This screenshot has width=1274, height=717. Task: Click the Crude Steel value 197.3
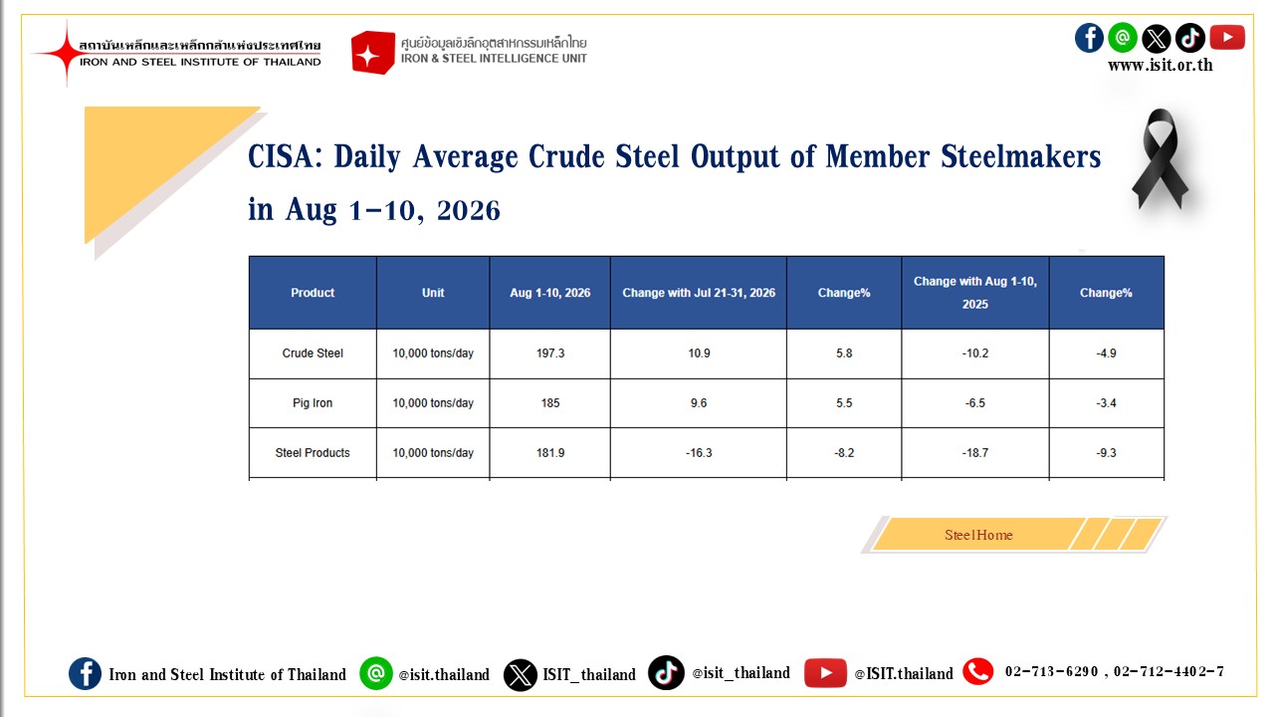point(550,354)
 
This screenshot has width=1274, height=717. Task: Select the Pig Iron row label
point(313,403)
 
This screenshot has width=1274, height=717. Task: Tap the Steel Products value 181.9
point(550,453)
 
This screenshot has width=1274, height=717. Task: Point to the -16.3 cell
point(699,453)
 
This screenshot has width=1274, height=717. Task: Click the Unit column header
point(433,293)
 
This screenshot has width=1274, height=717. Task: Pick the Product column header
point(313,293)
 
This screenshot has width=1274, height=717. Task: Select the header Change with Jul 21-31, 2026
point(699,293)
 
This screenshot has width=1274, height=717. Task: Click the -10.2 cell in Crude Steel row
point(974,354)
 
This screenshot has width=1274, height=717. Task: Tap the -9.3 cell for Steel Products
point(1106,453)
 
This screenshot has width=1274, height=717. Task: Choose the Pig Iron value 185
point(550,403)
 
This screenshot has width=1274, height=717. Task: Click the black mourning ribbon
point(1161,158)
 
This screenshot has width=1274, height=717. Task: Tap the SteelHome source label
point(978,535)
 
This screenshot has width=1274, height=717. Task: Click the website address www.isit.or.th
point(1161,66)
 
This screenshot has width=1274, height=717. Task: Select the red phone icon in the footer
point(978,672)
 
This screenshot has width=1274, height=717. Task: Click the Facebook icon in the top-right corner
point(1089,38)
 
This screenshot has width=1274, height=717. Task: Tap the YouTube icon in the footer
point(825,673)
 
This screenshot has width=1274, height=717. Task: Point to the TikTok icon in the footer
point(666,672)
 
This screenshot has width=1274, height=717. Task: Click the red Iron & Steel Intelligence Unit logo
point(372,53)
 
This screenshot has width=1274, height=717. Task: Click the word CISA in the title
point(281,156)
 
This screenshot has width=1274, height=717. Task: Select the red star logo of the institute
point(67,53)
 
